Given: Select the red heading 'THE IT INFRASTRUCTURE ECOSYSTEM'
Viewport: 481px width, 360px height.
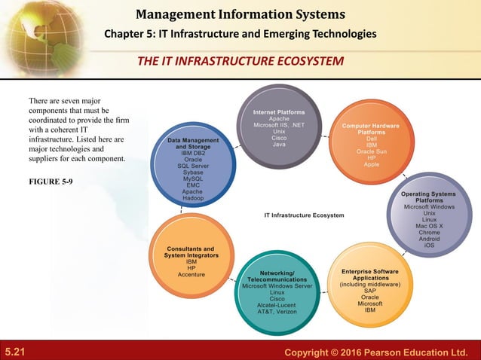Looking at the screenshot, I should coord(240,60).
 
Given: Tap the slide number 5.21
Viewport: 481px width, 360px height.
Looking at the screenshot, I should coord(16,352).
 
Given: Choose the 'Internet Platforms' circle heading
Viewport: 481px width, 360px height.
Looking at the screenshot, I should coord(278,112).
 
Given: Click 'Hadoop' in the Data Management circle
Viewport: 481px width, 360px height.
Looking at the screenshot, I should coord(192,199).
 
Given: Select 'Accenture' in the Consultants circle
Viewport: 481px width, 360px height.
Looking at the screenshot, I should coord(191,275).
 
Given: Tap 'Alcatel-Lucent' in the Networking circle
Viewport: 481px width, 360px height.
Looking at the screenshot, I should coord(277,304).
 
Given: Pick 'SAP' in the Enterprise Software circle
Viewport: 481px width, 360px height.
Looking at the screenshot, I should coord(369,291).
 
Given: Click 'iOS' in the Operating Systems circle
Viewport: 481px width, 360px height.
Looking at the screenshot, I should coord(429,245).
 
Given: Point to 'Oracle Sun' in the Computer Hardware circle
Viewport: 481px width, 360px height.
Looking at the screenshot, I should coord(371,151).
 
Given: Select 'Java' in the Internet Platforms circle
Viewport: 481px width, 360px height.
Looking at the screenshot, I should coord(279,145).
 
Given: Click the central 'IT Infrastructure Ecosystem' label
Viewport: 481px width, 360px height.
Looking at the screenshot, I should coord(304,215).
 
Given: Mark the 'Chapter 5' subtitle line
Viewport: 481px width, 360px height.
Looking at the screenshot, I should coord(240,35).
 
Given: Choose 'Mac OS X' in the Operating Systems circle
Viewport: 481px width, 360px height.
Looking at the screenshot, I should coord(429,226).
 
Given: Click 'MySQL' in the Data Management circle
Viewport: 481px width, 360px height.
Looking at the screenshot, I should coord(192,178).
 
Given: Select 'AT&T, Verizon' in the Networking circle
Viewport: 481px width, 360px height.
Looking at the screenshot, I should coord(277,311).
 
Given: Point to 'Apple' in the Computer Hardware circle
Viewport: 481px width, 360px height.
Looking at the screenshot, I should coord(371,164).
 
